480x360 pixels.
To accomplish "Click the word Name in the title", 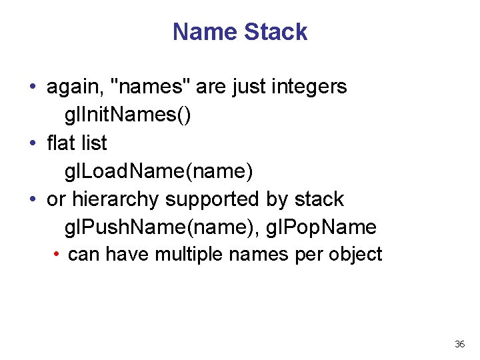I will click(x=205, y=32).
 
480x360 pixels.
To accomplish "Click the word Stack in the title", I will click(x=275, y=32).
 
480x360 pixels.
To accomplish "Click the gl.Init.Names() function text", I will click(x=127, y=115).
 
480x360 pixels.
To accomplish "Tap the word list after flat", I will click(x=93, y=143).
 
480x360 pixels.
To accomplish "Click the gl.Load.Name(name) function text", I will click(x=159, y=171).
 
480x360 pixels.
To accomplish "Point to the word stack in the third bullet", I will click(x=319, y=199).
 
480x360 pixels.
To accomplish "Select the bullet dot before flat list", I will click(x=33, y=143).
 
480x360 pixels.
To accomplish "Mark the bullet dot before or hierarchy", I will click(x=33, y=199).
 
